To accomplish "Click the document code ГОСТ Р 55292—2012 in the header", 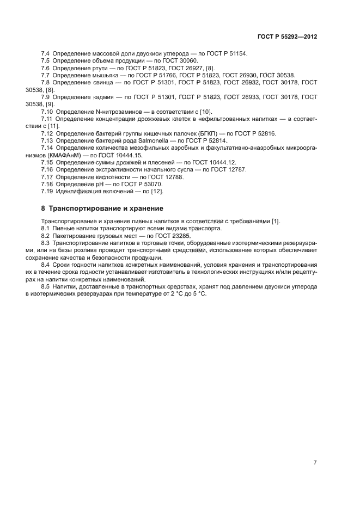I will [287, 36].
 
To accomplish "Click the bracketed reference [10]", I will [181, 111].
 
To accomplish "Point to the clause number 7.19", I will [47, 192].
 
